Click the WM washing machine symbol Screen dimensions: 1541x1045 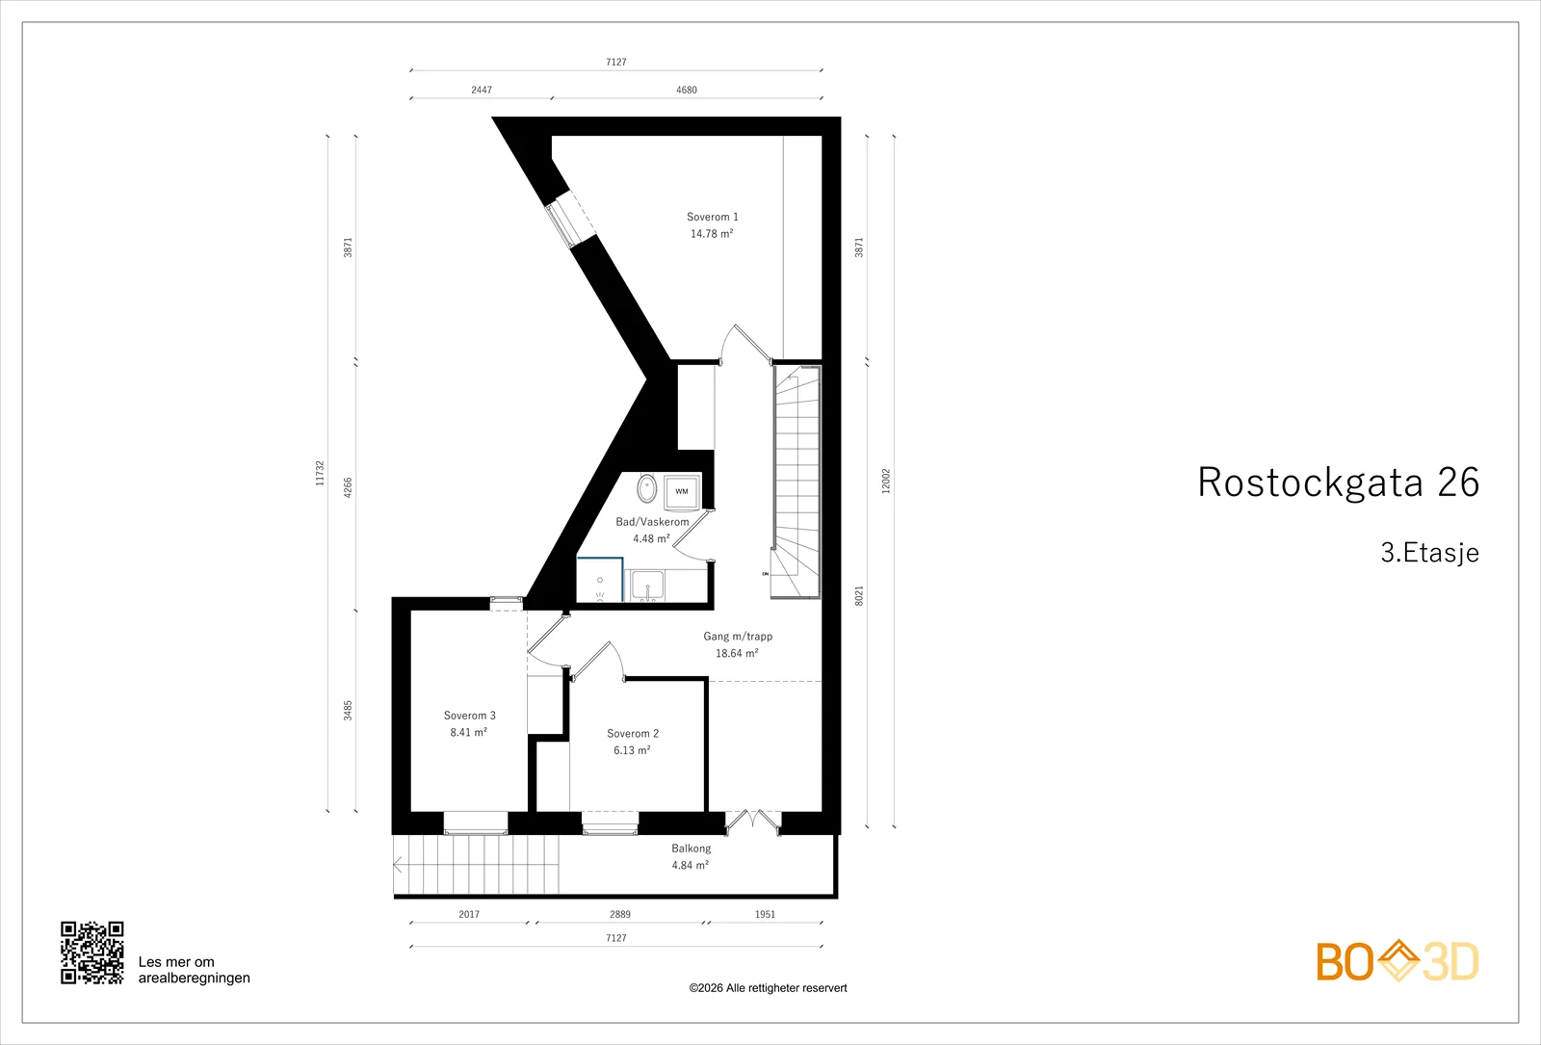click(x=682, y=491)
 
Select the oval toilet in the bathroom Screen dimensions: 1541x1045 click(x=646, y=488)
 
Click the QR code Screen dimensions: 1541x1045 click(x=92, y=953)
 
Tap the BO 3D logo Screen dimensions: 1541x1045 click(x=1397, y=961)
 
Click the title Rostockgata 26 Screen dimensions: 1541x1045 click(x=1338, y=482)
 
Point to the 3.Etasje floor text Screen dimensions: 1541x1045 click(x=1429, y=553)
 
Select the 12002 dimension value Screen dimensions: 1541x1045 click(x=886, y=481)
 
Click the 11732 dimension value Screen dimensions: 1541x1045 click(x=320, y=473)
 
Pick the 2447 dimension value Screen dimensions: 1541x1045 click(x=482, y=90)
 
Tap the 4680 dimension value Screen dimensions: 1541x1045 click(x=687, y=90)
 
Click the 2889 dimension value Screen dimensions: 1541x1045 click(x=620, y=914)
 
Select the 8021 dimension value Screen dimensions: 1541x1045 click(x=858, y=596)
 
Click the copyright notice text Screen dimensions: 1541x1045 click(x=768, y=988)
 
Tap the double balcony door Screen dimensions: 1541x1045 click(x=753, y=823)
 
